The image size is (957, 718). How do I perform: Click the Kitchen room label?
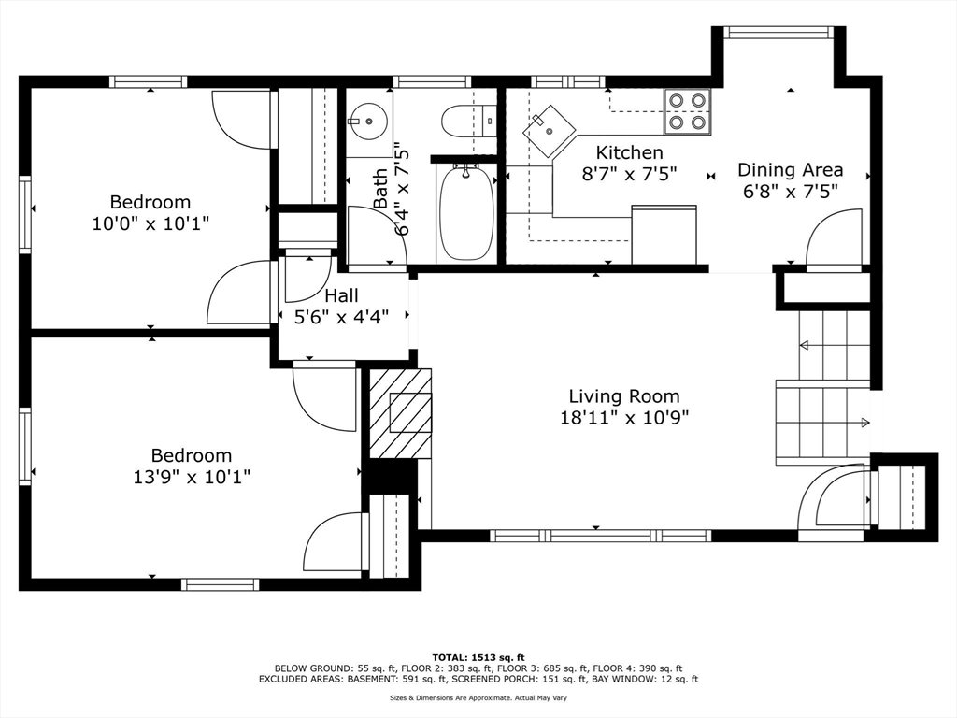(629, 152)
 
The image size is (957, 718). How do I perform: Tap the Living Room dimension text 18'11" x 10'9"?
(624, 418)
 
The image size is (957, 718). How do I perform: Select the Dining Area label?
(791, 170)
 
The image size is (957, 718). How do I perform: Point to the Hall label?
(341, 295)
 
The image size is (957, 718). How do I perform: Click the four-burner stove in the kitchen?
(687, 112)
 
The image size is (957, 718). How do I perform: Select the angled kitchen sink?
(550, 130)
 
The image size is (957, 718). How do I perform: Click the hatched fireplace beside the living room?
(400, 413)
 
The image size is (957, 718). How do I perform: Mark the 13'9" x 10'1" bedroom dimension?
(192, 476)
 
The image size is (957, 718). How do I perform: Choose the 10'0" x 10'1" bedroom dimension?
(150, 223)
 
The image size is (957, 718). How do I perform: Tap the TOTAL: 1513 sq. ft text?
(478, 657)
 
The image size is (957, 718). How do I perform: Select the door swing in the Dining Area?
(834, 239)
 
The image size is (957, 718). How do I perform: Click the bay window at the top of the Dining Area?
(778, 33)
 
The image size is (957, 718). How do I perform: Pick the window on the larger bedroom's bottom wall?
(221, 584)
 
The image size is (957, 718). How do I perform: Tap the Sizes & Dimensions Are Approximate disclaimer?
(478, 697)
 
